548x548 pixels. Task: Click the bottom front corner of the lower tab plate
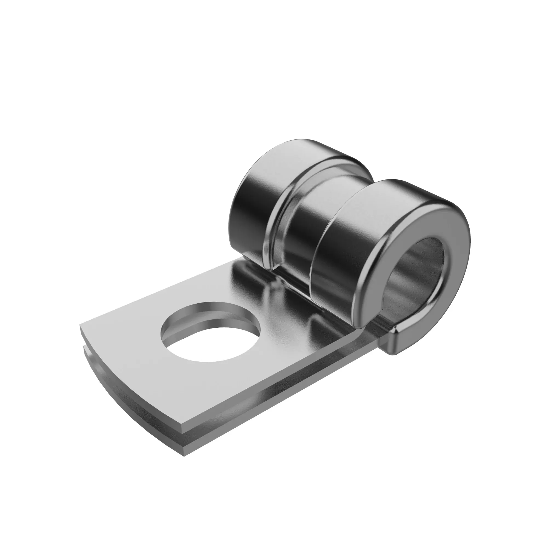[185, 455]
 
